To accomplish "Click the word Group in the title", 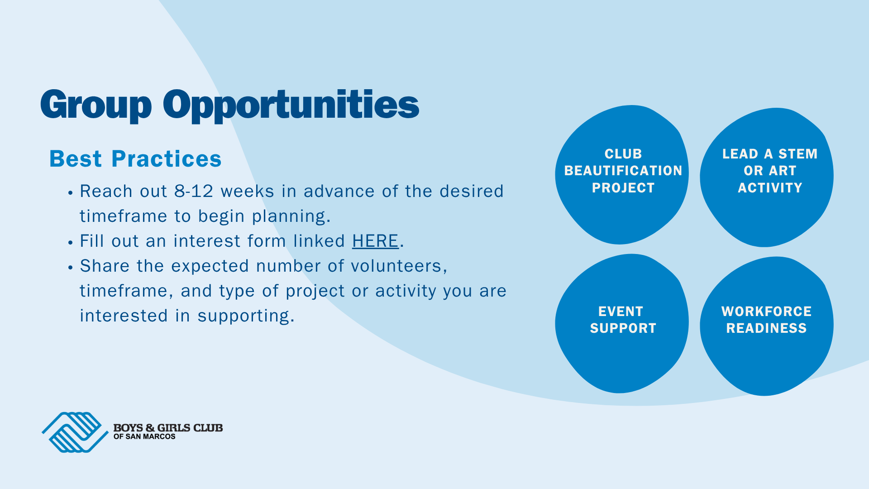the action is [x=96, y=105].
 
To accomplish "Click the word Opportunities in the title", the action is [x=291, y=105].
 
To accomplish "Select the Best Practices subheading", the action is [x=135, y=159].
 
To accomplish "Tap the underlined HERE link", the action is [x=375, y=241].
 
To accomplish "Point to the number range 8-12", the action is [x=194, y=191].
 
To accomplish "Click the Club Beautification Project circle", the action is [x=622, y=175].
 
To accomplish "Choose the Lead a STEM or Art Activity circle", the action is [x=767, y=177].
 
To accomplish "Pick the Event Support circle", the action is [x=622, y=323].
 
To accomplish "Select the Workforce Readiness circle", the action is [x=767, y=326].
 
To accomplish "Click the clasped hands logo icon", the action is [x=75, y=432].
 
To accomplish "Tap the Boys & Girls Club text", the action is [x=168, y=428].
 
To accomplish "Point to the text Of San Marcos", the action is [x=144, y=436].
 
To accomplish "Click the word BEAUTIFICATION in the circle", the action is [x=623, y=171].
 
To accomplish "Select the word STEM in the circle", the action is [x=798, y=154].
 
